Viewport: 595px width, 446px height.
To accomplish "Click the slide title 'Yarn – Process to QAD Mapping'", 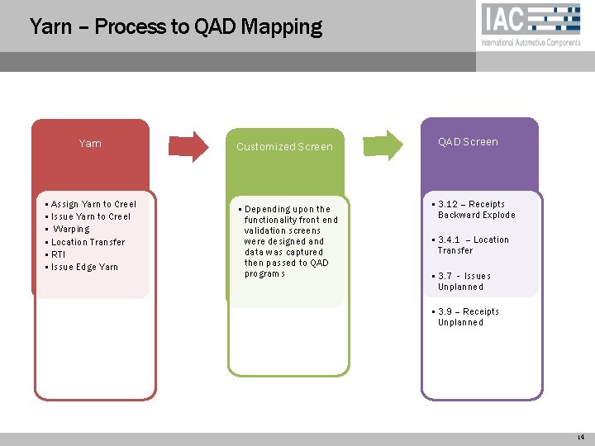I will tap(175, 26).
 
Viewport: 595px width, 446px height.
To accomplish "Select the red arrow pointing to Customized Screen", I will tap(189, 145).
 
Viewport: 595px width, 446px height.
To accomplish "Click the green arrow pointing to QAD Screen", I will tap(385, 144).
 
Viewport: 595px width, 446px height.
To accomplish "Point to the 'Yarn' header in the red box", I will tap(90, 144).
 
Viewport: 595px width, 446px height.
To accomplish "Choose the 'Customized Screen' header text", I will tap(284, 147).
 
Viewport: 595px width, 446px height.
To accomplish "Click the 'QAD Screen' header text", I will tap(468, 142).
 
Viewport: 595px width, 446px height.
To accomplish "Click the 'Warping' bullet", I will tap(71, 229).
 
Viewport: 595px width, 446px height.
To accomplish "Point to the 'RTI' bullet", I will tap(58, 254).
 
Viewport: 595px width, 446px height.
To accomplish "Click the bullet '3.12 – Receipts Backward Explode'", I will tap(475, 210).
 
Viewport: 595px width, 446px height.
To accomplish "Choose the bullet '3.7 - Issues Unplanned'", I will tap(464, 282).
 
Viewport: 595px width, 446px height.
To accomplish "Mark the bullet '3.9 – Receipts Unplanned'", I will tap(468, 317).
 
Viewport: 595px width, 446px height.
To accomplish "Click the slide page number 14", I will tap(581, 437).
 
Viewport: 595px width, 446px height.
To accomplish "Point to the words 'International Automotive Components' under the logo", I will tap(531, 43).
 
